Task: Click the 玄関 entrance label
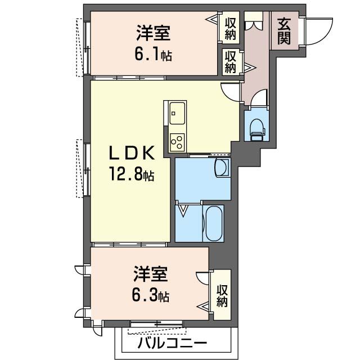click(284, 31)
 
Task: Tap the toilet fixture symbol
click(257, 130)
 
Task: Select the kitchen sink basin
click(177, 114)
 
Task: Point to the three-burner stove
click(177, 142)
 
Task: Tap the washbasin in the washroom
click(222, 168)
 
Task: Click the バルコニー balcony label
click(173, 344)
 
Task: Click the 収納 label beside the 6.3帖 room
click(222, 296)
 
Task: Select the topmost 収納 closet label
click(230, 29)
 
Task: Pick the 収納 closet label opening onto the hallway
click(230, 62)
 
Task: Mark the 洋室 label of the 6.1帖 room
click(154, 33)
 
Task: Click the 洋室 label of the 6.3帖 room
click(151, 274)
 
